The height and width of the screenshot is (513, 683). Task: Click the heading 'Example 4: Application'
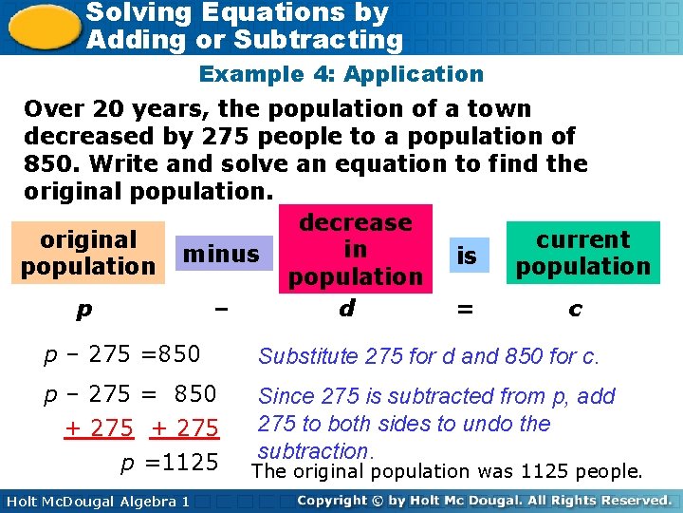click(x=341, y=74)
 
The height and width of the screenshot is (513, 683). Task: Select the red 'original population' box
click(x=88, y=254)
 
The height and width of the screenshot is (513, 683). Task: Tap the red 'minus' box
click(x=221, y=254)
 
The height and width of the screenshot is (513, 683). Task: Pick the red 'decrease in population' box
click(x=355, y=250)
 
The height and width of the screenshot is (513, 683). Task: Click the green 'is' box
click(x=467, y=256)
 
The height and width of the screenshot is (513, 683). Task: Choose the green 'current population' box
click(x=582, y=253)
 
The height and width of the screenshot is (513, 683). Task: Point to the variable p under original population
click(x=86, y=311)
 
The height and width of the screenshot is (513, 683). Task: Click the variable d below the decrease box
click(x=347, y=309)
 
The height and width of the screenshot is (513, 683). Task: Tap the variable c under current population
click(x=575, y=310)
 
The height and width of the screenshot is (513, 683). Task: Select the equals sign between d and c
click(x=465, y=310)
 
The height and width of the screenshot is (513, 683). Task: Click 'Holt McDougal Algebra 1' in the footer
click(x=98, y=501)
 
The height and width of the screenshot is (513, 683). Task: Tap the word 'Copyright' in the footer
click(x=336, y=500)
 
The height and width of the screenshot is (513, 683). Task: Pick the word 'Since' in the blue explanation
click(x=285, y=396)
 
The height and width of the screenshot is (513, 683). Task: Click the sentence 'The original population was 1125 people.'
click(x=447, y=471)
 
